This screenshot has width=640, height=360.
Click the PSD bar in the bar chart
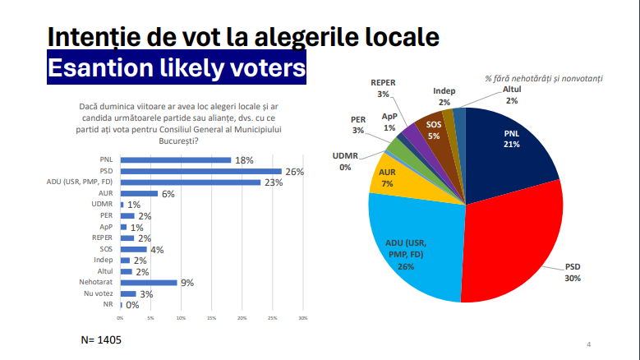200,171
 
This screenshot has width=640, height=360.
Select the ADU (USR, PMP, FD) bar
191,182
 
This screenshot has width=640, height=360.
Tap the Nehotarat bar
148,283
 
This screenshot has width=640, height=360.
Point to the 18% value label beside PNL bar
244,159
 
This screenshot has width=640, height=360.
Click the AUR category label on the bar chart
106,193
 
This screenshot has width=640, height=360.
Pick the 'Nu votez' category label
100,293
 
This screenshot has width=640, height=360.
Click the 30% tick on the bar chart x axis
302,317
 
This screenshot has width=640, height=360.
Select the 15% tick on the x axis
211,317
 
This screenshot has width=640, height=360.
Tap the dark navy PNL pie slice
509,148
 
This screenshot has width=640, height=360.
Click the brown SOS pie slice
431,132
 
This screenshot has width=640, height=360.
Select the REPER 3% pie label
383,89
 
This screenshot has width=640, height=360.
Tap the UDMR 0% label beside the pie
345,160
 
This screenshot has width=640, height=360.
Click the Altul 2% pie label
512,95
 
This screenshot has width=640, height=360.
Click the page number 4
588,344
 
